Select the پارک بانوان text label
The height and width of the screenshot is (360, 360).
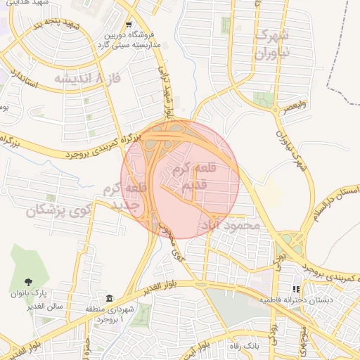coord(48,293)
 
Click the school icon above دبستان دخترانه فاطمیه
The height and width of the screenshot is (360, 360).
coord(296,288)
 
